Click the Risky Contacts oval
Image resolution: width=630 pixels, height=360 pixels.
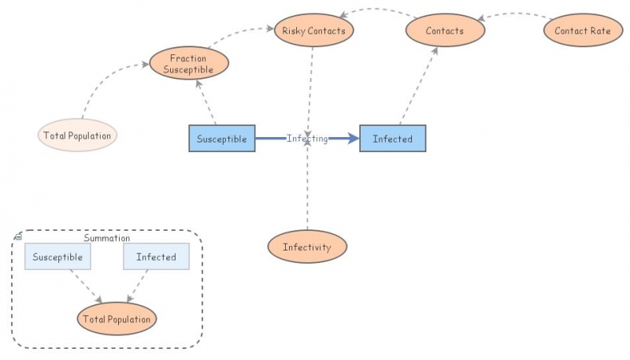coord(314,32)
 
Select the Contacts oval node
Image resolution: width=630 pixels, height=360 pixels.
coord(444,32)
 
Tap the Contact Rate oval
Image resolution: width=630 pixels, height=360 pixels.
coord(582,32)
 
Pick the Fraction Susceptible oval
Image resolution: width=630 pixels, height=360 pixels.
coord(188,63)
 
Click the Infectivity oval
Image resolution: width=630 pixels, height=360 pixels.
coord(307,247)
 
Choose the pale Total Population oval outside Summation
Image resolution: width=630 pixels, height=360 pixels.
coord(77,135)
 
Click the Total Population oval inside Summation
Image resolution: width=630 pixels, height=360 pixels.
coord(117,319)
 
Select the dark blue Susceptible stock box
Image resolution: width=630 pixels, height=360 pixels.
coord(222,139)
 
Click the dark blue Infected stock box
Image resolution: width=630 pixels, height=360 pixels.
coord(392,139)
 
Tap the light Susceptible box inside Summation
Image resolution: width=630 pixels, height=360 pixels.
coord(57,257)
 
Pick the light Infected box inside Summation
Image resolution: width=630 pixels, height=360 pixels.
coord(156,257)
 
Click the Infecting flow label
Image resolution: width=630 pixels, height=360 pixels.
coord(307,139)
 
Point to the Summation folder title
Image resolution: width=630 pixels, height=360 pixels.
coord(107,238)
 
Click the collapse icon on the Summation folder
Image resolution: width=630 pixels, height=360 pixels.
coord(18,236)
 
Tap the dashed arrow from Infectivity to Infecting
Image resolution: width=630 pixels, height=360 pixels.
coord(307,189)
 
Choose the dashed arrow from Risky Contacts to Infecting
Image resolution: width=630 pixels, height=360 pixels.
coord(311,87)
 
